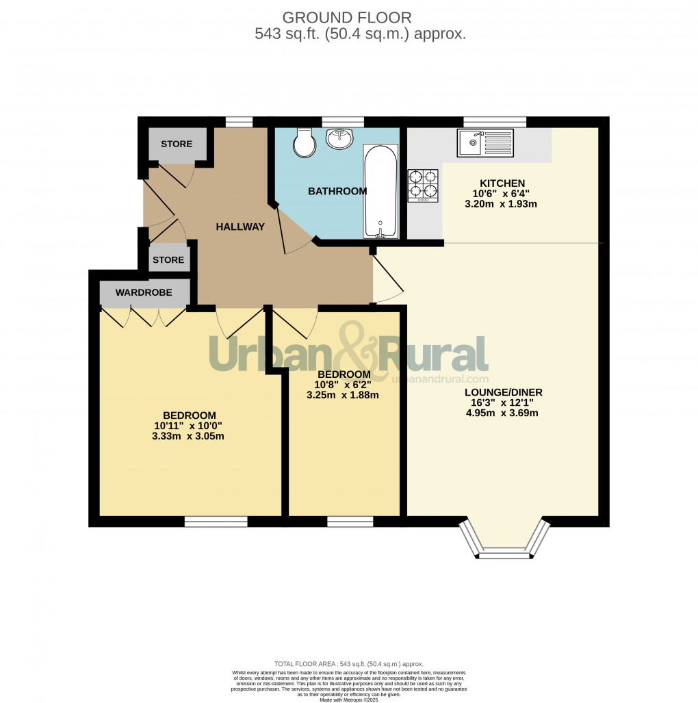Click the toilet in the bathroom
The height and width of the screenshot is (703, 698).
[x=301, y=142]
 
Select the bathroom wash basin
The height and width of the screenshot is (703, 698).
[x=339, y=138]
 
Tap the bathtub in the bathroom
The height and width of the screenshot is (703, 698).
[x=380, y=192]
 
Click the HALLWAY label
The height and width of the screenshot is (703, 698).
[x=240, y=227]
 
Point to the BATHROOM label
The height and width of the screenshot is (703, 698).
[x=337, y=192]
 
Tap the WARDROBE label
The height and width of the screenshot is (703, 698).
[x=143, y=293]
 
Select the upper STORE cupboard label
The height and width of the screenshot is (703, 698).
[x=177, y=144]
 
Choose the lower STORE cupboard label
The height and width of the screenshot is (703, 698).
[x=168, y=260]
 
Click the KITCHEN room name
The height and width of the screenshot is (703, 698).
[x=502, y=183]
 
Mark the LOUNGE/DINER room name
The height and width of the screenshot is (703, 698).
[x=503, y=392]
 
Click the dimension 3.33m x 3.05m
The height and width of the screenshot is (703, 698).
[x=189, y=436]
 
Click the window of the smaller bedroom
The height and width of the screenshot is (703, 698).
[x=350, y=522]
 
